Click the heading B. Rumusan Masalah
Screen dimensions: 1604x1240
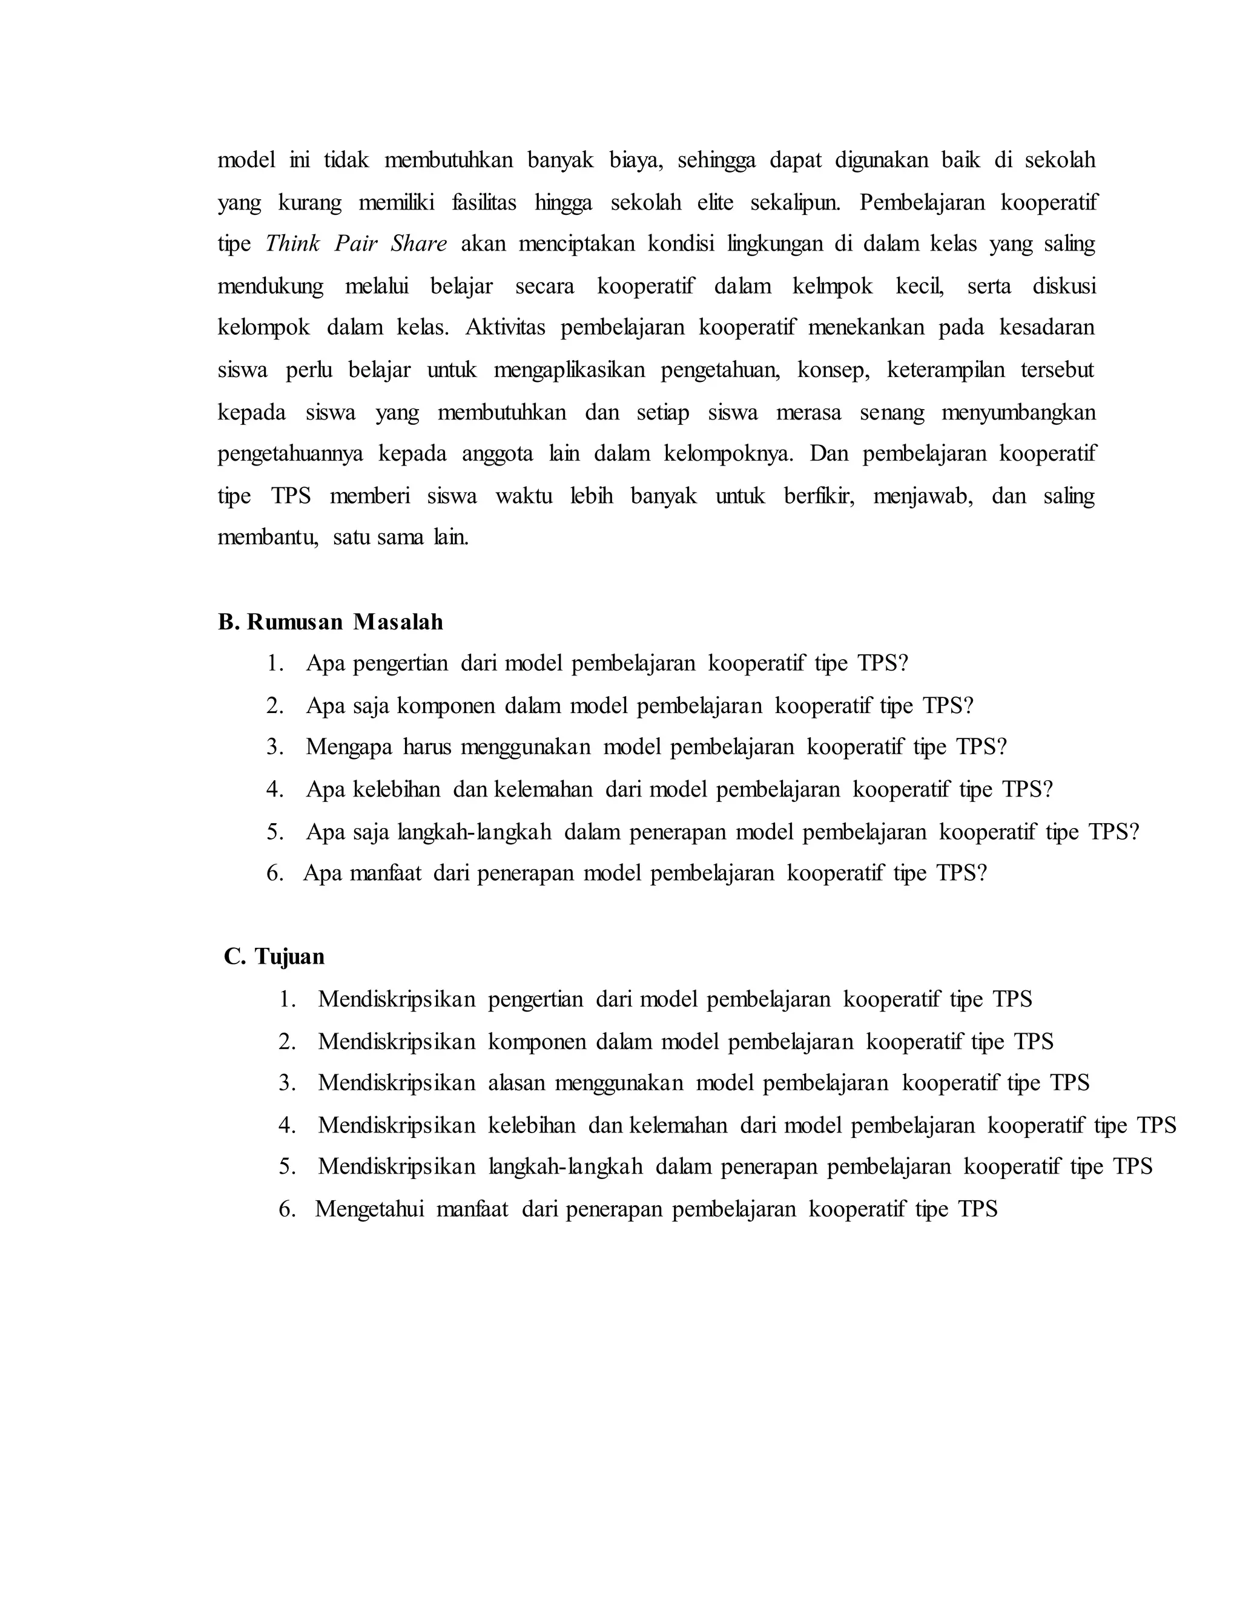(x=331, y=622)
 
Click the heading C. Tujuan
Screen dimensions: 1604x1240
(x=274, y=956)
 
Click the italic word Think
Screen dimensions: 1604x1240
(x=292, y=244)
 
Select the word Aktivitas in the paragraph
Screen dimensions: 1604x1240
(x=505, y=327)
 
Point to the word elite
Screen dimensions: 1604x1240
(x=715, y=202)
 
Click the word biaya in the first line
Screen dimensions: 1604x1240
(x=635, y=160)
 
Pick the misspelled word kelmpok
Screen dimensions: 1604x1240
(x=833, y=286)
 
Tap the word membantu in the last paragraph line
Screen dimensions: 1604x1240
(x=268, y=537)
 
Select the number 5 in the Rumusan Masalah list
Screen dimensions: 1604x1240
(x=274, y=832)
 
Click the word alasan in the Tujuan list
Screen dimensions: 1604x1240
(x=516, y=1083)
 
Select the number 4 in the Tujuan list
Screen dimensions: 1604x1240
(x=286, y=1125)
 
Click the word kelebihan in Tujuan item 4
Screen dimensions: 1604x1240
(x=532, y=1125)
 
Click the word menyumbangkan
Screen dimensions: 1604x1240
(x=1018, y=412)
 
